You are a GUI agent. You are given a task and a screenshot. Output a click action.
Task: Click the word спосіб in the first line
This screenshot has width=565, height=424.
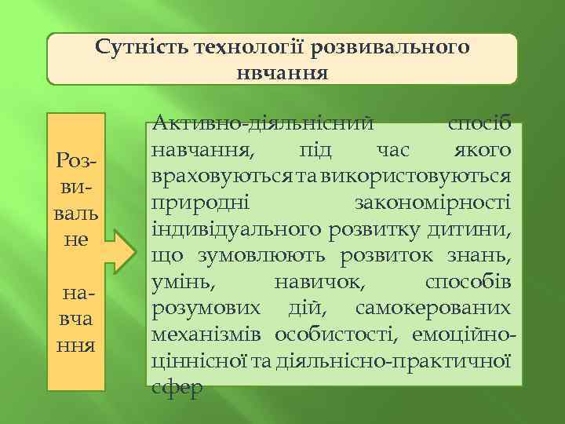tap(479, 123)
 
